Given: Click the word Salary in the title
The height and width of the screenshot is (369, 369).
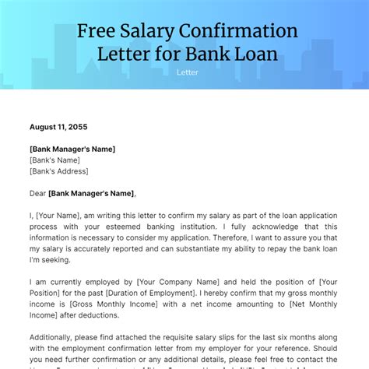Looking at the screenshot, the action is click(147, 33).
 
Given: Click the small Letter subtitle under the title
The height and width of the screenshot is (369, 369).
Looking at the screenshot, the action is click(187, 72).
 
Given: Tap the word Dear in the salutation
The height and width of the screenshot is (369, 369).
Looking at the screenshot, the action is click(37, 194).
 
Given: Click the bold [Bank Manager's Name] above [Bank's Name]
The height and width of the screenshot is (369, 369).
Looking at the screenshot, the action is click(72, 148).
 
